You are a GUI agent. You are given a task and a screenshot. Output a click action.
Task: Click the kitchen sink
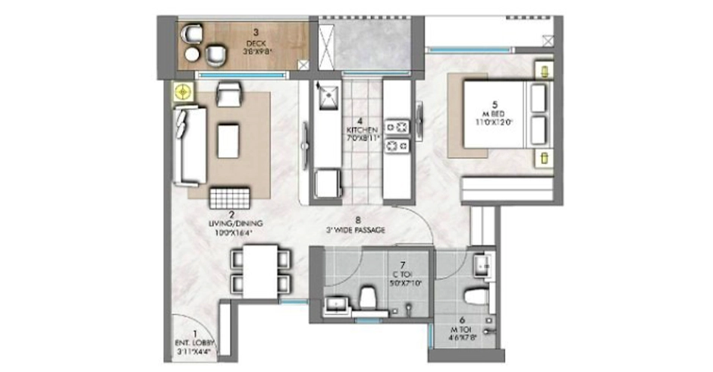point(327,96)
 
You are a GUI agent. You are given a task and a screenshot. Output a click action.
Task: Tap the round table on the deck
point(191,54)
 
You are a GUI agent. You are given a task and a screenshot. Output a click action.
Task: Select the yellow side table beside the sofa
point(181,93)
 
